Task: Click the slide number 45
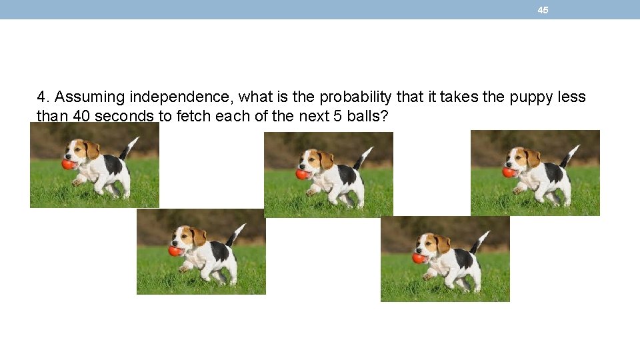543,10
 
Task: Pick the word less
571,97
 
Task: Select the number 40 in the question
81,116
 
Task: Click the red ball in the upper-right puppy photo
509,172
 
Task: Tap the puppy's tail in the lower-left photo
236,234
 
